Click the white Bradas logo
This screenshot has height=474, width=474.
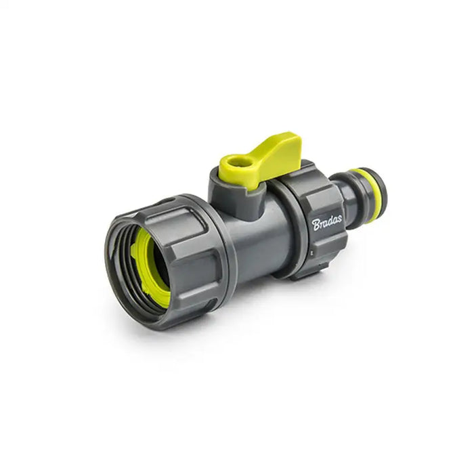click(x=327, y=223)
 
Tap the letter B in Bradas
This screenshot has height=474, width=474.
click(x=316, y=225)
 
